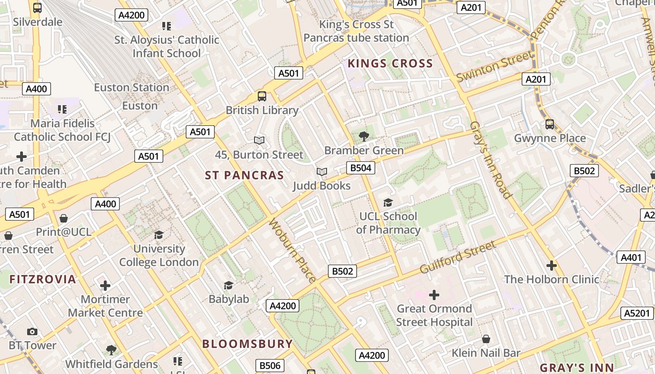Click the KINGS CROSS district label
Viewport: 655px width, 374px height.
coord(390,64)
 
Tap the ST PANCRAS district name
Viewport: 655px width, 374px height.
coord(244,175)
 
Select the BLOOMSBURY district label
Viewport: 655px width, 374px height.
coord(247,344)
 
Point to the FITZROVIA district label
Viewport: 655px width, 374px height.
coord(43,280)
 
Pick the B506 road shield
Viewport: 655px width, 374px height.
coord(270,366)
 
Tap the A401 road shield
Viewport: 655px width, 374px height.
coord(631,257)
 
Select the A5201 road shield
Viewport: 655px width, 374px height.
coord(637,313)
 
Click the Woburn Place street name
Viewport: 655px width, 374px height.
coord(292,251)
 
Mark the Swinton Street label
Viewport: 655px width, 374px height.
coord(494,67)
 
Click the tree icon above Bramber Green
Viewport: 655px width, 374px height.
coord(364,137)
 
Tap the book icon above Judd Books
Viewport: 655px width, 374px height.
coord(321,172)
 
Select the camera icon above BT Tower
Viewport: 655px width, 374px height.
coord(32,331)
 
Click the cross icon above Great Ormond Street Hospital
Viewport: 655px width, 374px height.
coord(434,295)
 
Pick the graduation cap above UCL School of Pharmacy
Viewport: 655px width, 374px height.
coord(388,202)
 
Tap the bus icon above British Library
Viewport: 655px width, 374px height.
coord(262,96)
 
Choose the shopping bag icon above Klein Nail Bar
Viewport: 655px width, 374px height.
coord(486,339)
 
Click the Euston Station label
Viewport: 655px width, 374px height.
coord(131,87)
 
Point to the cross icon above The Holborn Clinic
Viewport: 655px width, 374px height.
coord(551,266)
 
